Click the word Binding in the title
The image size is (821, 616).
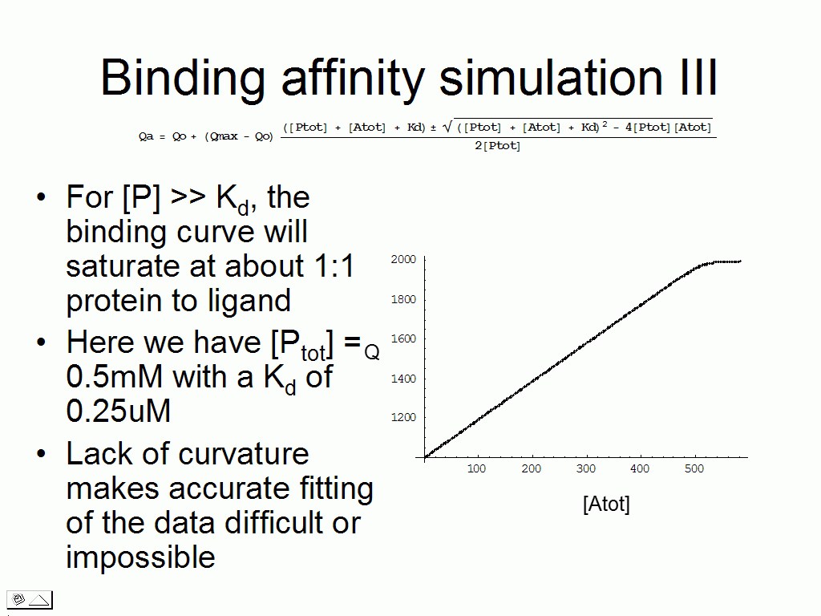coord(183,78)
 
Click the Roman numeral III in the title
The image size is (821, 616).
coord(698,77)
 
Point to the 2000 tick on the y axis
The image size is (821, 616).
coord(403,259)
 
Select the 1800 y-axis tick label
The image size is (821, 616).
coord(403,299)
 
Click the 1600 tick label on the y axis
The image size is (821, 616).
coord(403,338)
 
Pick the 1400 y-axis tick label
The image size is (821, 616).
coord(403,379)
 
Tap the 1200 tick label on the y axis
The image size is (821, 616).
coord(403,417)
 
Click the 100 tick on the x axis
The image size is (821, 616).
coord(476,468)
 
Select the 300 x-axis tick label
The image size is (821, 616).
coord(586,468)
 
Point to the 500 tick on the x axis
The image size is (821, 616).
coord(694,468)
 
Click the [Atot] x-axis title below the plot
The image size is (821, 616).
coord(606,504)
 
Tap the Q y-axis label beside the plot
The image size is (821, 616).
coord(372,352)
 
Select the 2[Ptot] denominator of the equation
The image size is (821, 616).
coord(497,146)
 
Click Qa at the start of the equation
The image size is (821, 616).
coord(146,136)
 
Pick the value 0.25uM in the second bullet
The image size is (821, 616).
coord(119,411)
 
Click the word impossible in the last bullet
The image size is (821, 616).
coord(140,557)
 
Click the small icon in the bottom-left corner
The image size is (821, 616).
coord(30,600)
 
